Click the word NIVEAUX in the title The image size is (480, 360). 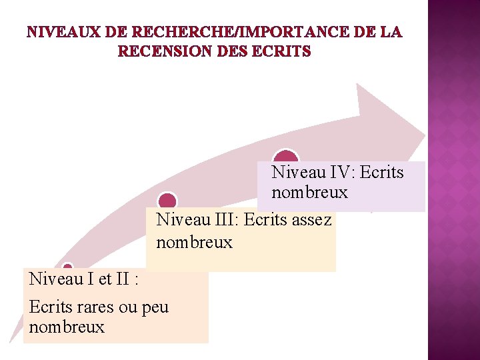point(65,32)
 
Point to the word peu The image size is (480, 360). point(155,307)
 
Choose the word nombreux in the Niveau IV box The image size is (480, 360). point(309,193)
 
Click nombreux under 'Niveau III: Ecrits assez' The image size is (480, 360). point(194,242)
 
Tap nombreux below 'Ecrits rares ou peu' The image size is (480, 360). point(67,327)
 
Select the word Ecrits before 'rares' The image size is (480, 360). point(49,307)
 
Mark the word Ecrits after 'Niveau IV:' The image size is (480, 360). point(381,173)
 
